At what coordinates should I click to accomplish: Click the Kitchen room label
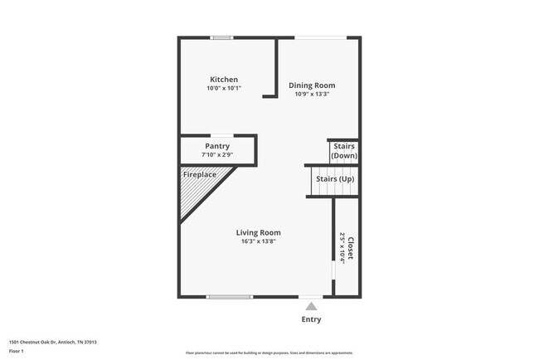tap(224, 80)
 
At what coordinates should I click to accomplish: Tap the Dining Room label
tap(312, 85)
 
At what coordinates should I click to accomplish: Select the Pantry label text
tap(217, 146)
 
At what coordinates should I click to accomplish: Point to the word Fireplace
tap(200, 175)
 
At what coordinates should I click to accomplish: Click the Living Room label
tap(258, 233)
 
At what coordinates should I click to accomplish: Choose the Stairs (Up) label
tap(335, 179)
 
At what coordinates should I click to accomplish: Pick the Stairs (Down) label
tap(344, 151)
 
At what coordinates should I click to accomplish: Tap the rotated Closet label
tap(351, 249)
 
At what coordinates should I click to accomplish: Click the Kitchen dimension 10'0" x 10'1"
tap(224, 88)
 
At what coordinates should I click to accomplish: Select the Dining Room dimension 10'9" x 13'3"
tap(312, 94)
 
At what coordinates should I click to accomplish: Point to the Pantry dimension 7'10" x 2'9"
tap(217, 155)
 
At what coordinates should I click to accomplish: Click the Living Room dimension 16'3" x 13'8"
tap(258, 241)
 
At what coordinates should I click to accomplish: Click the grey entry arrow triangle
tap(311, 305)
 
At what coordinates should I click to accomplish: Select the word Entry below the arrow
tap(311, 319)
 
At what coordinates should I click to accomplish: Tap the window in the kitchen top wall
tap(221, 37)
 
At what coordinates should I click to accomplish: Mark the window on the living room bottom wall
tap(230, 297)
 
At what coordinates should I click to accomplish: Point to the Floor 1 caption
tap(16, 351)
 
